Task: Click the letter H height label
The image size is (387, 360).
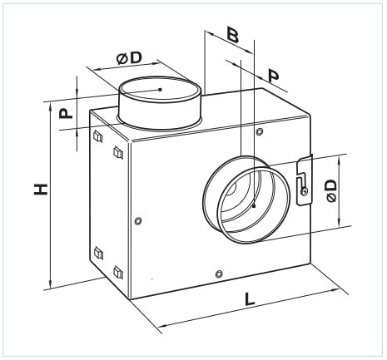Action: pos(41,189)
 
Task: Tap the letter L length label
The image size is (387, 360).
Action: pos(250,299)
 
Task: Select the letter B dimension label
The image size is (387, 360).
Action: pos(232,35)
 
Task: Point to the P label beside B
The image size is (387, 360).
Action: pos(274,76)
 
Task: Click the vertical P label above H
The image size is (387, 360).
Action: pos(66,113)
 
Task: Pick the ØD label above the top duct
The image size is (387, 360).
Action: pos(129,58)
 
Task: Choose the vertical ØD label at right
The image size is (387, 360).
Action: pos(331,191)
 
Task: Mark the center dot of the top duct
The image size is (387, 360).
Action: pos(160,89)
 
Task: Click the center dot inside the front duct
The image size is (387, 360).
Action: pos(254,206)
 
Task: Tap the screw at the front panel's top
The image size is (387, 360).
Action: pos(260,131)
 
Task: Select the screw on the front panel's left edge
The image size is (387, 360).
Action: pos(138,221)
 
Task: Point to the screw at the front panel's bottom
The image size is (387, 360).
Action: pos(219,274)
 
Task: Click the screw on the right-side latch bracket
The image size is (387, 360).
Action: pos(305,191)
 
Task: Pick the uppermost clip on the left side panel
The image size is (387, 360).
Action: pos(97,136)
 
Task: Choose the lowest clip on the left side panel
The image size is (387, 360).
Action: pos(118,272)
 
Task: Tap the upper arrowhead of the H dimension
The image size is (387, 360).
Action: pos(50,106)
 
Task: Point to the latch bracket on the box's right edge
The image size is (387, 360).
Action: pos(305,180)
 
